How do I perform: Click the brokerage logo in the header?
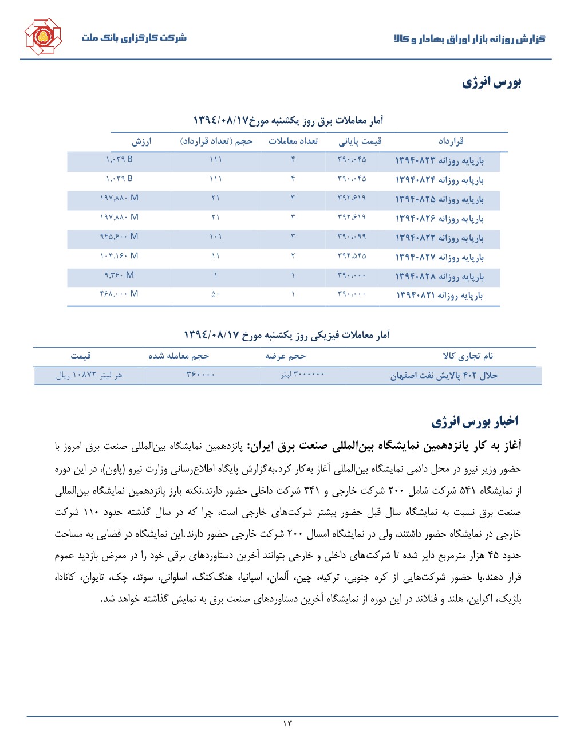pyautogui.click(x=43, y=37)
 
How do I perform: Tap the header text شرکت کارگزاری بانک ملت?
pyautogui.click(x=134, y=38)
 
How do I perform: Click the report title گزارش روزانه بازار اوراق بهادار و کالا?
pyautogui.click(x=469, y=39)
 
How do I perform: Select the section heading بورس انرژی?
pyautogui.click(x=492, y=82)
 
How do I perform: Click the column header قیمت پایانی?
pyautogui.click(x=360, y=141)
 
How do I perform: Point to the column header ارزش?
pyautogui.click(x=141, y=141)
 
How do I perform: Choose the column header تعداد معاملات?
pyautogui.click(x=293, y=141)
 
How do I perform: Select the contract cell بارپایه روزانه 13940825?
pyautogui.click(x=439, y=199)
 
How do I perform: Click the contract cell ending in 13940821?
pyautogui.click(x=439, y=296)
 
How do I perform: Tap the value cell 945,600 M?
pyautogui.click(x=119, y=237)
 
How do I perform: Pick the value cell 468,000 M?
pyautogui.click(x=119, y=294)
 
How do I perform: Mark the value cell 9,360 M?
pyautogui.click(x=119, y=275)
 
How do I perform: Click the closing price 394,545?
pyautogui.click(x=352, y=256)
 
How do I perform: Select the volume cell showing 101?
pyautogui.click(x=215, y=237)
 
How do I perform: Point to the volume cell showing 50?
pyautogui.click(x=215, y=294)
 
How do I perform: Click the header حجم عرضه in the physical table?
pyautogui.click(x=285, y=356)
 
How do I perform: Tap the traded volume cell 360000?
pyautogui.click(x=200, y=375)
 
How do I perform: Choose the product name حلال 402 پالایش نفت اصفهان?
pyautogui.click(x=444, y=376)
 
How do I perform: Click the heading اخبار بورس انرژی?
pyautogui.click(x=475, y=422)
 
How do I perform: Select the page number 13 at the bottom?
pyautogui.click(x=287, y=724)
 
